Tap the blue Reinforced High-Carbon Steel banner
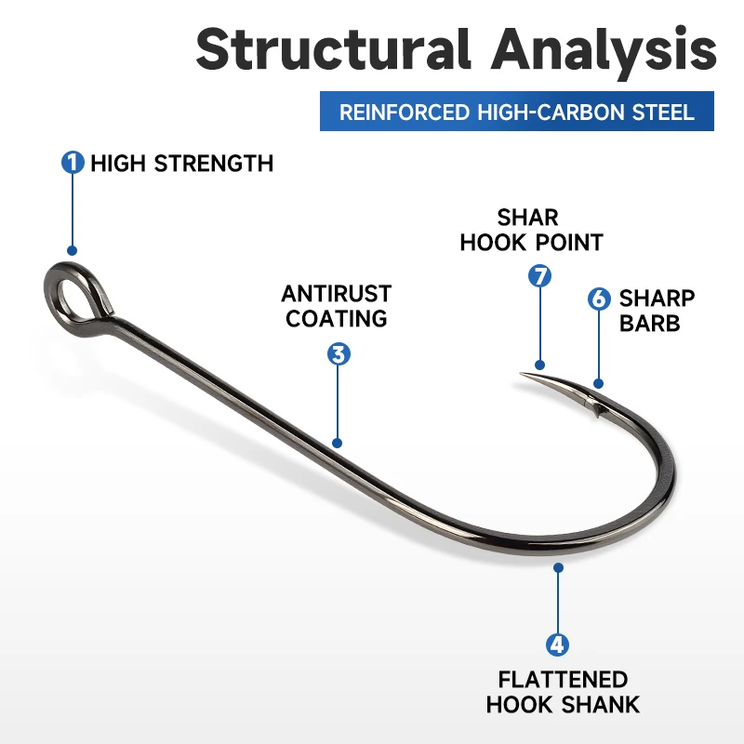(516, 113)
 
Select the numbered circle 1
(73, 163)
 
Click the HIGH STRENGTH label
(182, 164)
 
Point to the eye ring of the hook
(71, 294)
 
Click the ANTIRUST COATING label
(337, 306)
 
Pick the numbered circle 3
(339, 353)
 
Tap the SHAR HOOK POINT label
(531, 230)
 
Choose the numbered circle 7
(539, 275)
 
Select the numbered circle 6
(599, 299)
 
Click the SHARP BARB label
(657, 311)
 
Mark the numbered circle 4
(558, 644)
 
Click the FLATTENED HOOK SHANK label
(563, 692)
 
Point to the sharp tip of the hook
(523, 376)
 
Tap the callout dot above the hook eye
(73, 250)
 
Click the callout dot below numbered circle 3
(338, 444)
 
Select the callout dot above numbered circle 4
(558, 566)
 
